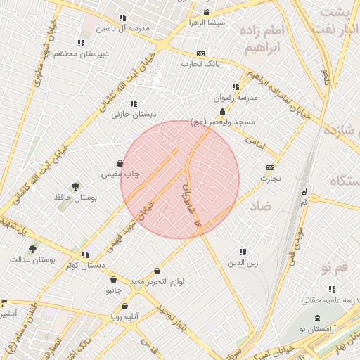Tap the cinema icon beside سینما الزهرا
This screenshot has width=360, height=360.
(x=206, y=13)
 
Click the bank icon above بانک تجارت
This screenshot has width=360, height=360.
(x=200, y=53)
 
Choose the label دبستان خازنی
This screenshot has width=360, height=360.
(x=136, y=114)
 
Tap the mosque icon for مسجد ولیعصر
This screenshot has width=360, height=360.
(x=223, y=111)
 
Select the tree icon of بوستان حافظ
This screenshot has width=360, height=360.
(x=75, y=186)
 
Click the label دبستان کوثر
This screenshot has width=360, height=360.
(x=85, y=266)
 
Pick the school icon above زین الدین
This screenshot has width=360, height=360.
(x=243, y=252)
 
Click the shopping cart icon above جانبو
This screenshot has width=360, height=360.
(x=114, y=279)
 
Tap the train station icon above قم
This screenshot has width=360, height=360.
(x=302, y=191)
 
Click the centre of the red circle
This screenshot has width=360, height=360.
(x=180, y=179)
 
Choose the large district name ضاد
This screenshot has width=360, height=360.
(x=259, y=206)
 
